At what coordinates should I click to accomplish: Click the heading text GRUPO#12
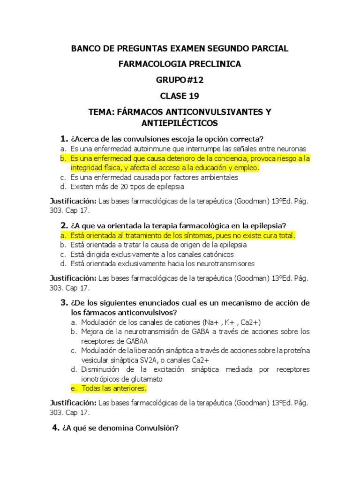tap(180, 80)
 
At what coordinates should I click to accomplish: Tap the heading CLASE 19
tap(180, 96)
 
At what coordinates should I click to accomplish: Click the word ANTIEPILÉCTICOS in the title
tap(180, 123)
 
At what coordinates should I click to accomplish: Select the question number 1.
tap(65, 139)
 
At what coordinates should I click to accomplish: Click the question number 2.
tap(65, 225)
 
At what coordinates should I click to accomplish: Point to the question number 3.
tap(65, 303)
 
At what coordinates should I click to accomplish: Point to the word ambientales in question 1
tap(217, 178)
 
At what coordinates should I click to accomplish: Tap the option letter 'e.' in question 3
tap(74, 389)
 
